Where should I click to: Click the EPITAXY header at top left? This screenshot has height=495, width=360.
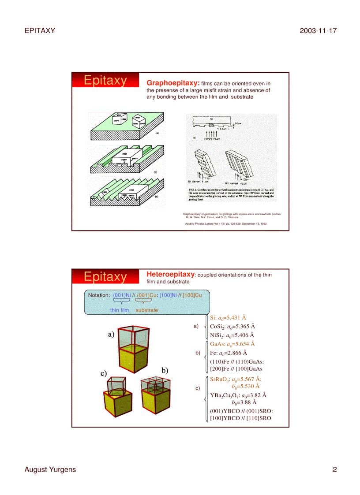[40, 30]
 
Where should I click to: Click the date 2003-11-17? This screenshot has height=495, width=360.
[318, 30]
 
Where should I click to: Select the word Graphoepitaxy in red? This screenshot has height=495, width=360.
[173, 83]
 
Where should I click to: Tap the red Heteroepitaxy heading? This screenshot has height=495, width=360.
[170, 274]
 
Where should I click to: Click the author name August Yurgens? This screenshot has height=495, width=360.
[50, 469]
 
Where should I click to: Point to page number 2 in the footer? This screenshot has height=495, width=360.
[334, 469]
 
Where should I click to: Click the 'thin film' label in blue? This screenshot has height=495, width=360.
[120, 310]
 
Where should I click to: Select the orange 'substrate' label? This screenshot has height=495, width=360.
[146, 310]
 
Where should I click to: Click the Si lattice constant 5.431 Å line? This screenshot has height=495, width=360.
[228, 317]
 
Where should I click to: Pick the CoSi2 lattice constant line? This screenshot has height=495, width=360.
[232, 327]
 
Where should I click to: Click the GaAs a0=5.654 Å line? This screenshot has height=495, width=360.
[232, 344]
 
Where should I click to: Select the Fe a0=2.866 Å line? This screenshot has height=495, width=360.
[228, 353]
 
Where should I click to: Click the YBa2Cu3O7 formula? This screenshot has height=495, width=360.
[225, 395]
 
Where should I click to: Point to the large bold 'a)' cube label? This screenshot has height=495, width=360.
[111, 334]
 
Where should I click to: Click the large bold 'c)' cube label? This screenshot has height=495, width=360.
[104, 373]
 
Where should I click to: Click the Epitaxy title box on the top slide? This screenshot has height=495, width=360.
[105, 81]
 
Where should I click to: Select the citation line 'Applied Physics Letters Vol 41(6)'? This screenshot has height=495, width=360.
[225, 223]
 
